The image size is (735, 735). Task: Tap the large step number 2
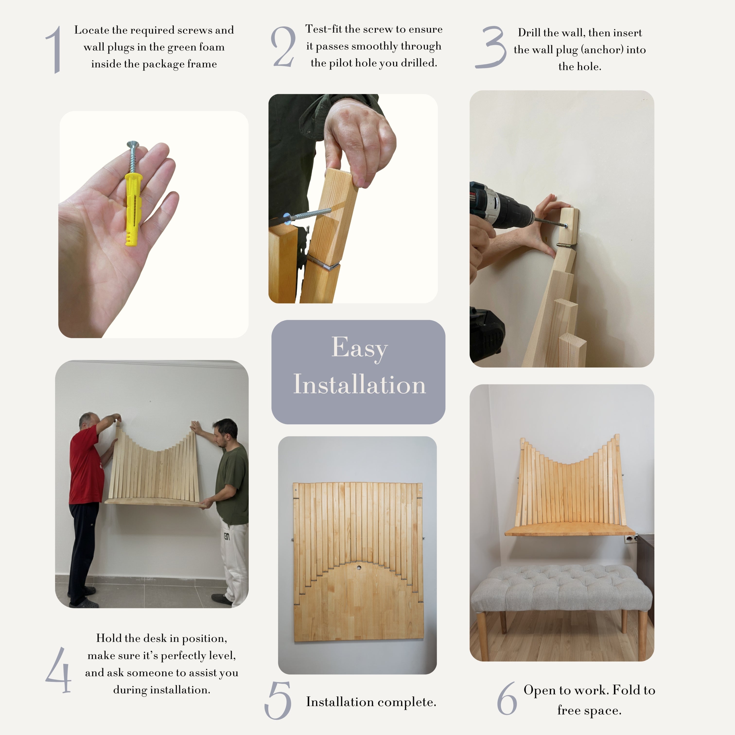point(283,47)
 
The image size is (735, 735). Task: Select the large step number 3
point(491,48)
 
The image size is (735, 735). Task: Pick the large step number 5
point(278,700)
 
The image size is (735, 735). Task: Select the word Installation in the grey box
point(359,384)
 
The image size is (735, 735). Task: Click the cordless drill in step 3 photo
point(502,207)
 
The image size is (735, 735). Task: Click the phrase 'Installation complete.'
point(371,702)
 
